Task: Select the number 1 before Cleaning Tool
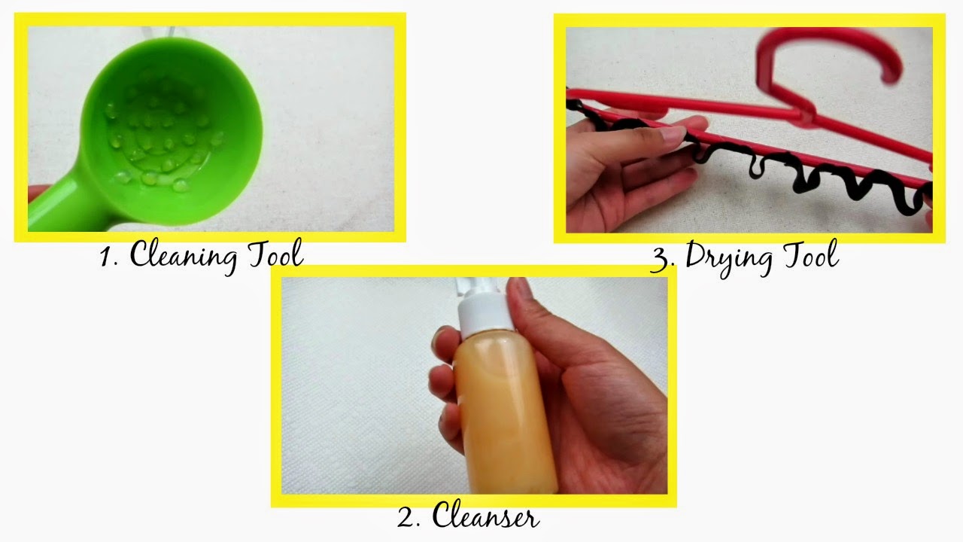click(106, 257)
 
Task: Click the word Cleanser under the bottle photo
click(485, 514)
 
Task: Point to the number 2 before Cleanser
click(406, 517)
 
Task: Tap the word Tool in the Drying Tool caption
click(811, 254)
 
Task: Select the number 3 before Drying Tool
click(663, 259)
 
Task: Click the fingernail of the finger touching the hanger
click(672, 134)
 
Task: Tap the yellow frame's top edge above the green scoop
click(210, 20)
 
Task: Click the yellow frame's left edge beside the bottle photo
click(276, 386)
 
